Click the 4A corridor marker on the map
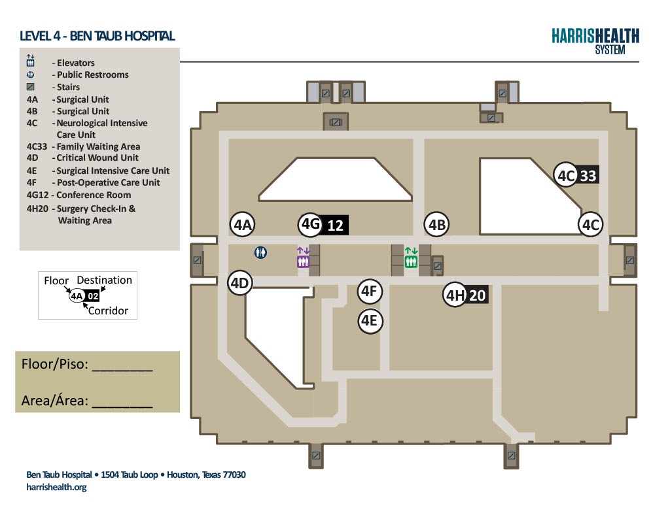pyautogui.click(x=243, y=225)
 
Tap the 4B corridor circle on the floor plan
pyautogui.click(x=436, y=225)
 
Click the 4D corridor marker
pyautogui.click(x=239, y=282)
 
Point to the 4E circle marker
pyautogui.click(x=370, y=321)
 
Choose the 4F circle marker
pyautogui.click(x=370, y=292)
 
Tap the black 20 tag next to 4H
pyautogui.click(x=477, y=295)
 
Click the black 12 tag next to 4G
pyautogui.click(x=335, y=225)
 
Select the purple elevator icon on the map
pyautogui.click(x=303, y=258)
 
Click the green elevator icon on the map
pyautogui.click(x=411, y=258)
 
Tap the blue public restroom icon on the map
pyautogui.click(x=260, y=253)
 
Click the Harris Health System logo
pyautogui.click(x=595, y=41)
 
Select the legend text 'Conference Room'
pyautogui.click(x=94, y=195)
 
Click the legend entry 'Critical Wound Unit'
pyautogui.click(x=97, y=158)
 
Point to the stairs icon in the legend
pyautogui.click(x=30, y=87)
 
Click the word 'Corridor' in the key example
pyautogui.click(x=108, y=310)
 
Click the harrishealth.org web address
pyautogui.click(x=56, y=487)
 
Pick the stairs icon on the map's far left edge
pyautogui.click(x=197, y=260)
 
